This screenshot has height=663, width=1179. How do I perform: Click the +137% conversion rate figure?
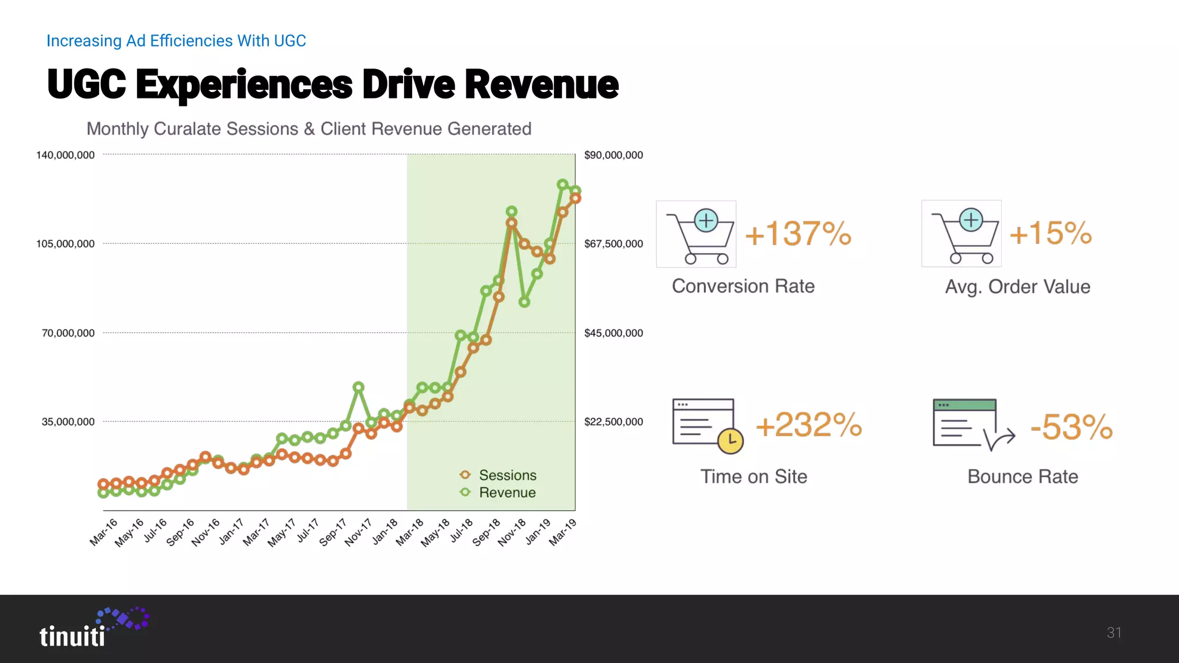(797, 234)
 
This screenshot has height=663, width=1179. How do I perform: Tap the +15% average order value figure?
(1050, 233)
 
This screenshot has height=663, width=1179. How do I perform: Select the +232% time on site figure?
(808, 425)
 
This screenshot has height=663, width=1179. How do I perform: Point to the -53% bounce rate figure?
(1071, 427)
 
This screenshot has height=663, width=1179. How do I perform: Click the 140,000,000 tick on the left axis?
(66, 155)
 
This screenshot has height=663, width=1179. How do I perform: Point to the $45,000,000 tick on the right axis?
(613, 333)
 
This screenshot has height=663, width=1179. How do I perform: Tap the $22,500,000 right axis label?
(613, 422)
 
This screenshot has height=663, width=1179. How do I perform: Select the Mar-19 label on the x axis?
(562, 532)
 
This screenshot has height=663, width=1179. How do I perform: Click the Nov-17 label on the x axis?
(358, 532)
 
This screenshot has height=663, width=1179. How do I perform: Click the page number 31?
(1113, 633)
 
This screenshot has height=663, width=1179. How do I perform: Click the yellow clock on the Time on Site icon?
(731, 441)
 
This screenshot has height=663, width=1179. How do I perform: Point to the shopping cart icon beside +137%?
(696, 234)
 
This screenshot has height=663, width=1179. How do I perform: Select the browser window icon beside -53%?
(965, 423)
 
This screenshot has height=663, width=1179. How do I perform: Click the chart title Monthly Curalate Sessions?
(309, 129)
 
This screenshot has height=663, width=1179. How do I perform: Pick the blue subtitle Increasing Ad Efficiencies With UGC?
(176, 41)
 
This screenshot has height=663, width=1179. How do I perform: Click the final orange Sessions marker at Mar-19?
(575, 199)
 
